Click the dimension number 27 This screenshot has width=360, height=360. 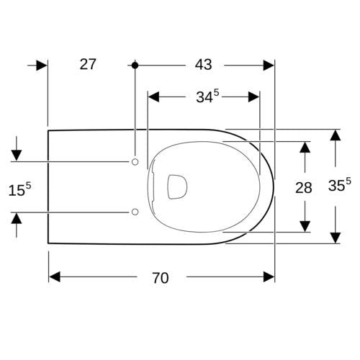[x=88, y=64]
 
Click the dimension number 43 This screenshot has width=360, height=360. [x=203, y=65]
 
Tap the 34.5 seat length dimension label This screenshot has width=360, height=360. [x=207, y=96]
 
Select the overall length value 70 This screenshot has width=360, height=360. [x=161, y=278]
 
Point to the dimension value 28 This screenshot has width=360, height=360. [x=304, y=188]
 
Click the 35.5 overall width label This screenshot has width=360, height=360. [x=339, y=184]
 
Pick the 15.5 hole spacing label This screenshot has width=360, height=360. [x=19, y=189]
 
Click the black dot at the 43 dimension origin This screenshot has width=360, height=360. [x=135, y=66]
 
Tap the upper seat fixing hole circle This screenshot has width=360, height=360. [x=135, y=162]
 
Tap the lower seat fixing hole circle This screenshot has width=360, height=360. [x=135, y=212]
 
